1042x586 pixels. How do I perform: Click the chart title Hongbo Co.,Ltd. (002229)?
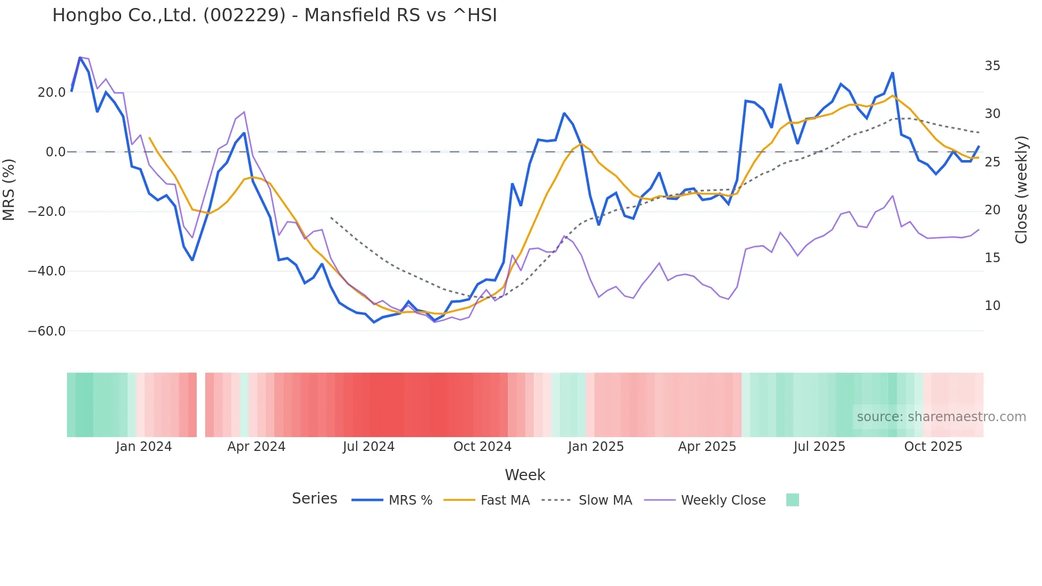(274, 15)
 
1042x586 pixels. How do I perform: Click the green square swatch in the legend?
(792, 500)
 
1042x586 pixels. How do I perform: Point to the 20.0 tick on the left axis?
(52, 93)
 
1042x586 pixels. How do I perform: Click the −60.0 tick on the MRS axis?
(47, 331)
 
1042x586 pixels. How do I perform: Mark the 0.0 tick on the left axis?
(55, 152)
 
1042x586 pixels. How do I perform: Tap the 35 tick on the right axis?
(992, 66)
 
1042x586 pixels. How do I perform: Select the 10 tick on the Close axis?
(992, 306)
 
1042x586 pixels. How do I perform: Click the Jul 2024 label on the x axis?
(368, 447)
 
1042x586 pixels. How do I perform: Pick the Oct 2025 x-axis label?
(933, 447)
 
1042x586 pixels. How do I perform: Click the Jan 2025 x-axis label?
(595, 447)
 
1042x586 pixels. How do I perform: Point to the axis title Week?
(525, 475)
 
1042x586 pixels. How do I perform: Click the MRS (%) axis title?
(9, 189)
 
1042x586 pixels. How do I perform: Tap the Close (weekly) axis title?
(1021, 190)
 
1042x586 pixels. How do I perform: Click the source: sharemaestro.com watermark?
(941, 417)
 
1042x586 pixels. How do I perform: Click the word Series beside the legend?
(314, 499)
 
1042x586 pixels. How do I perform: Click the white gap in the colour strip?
(201, 405)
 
